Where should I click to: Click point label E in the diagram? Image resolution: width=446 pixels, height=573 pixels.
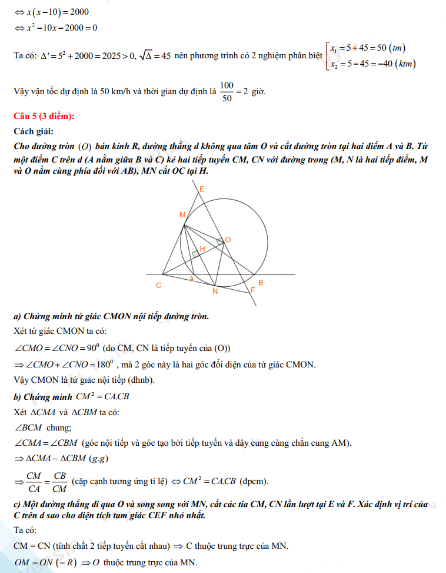point(202,189)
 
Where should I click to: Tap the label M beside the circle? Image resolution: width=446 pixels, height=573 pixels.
point(182,215)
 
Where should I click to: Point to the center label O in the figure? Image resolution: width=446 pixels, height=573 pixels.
point(228,239)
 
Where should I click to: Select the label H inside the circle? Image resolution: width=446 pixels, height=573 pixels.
point(202,249)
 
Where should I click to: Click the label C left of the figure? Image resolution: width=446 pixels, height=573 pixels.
point(158,286)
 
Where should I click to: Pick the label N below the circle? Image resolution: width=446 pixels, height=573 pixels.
point(215,291)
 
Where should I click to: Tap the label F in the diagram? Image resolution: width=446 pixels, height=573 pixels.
point(253,290)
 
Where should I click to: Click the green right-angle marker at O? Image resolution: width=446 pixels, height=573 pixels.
point(220,241)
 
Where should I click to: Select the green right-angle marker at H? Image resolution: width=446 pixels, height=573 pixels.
point(195,254)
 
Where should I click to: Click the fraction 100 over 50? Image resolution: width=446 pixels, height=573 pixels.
point(226,92)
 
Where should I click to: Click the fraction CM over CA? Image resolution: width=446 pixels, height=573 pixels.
point(34,481)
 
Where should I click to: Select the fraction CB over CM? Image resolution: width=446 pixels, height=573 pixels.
point(59,481)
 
